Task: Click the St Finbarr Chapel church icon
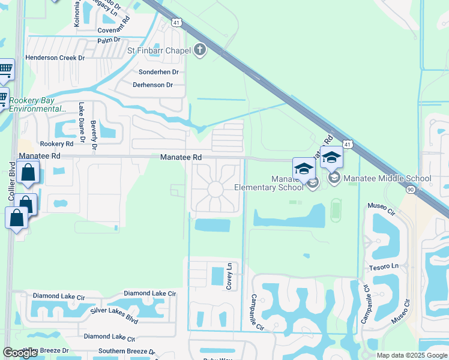(x=199, y=50)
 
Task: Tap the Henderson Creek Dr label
(x=55, y=58)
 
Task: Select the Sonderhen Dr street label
(x=159, y=71)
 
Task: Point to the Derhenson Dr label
(x=152, y=85)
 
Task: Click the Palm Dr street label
(x=109, y=41)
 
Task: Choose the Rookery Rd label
(x=56, y=144)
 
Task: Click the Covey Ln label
(x=229, y=276)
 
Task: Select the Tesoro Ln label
(x=384, y=266)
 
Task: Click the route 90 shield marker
(x=411, y=189)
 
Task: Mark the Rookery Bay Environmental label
(x=38, y=104)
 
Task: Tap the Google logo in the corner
(x=20, y=353)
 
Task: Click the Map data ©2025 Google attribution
(x=411, y=355)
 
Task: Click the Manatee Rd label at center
(x=180, y=157)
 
